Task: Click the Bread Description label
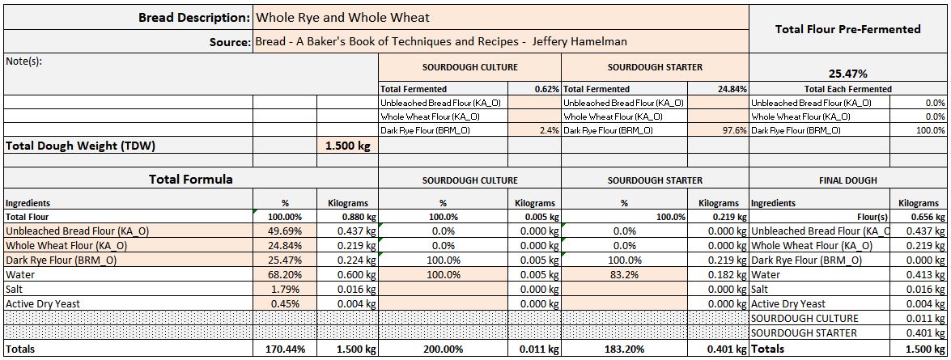(194, 17)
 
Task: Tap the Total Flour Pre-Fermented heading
(847, 29)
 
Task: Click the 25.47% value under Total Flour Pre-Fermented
(847, 74)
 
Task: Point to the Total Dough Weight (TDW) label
(80, 146)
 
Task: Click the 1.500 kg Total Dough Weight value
(347, 146)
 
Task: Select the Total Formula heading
(191, 180)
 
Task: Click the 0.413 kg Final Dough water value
(927, 274)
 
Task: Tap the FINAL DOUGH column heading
(847, 180)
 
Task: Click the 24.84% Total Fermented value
(732, 89)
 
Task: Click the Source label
(229, 41)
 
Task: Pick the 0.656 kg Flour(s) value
(927, 217)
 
